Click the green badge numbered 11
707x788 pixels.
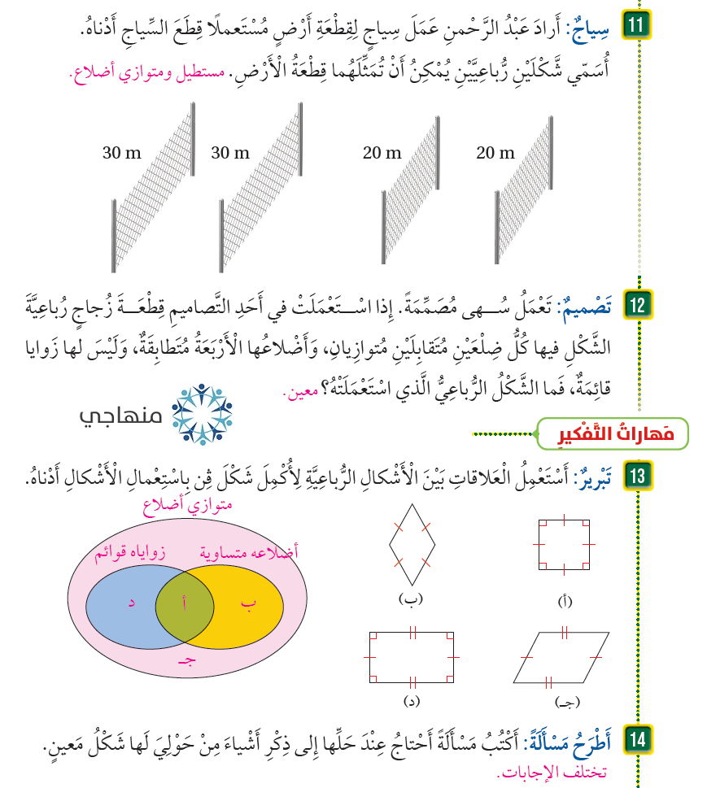pos(635,26)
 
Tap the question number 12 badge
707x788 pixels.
pos(635,307)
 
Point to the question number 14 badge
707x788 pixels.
pos(635,740)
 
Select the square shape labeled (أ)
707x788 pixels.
pos(563,542)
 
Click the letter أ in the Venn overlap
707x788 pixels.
pos(185,603)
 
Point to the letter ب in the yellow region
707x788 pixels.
pos(248,603)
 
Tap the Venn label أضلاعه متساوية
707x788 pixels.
pos(249,552)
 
